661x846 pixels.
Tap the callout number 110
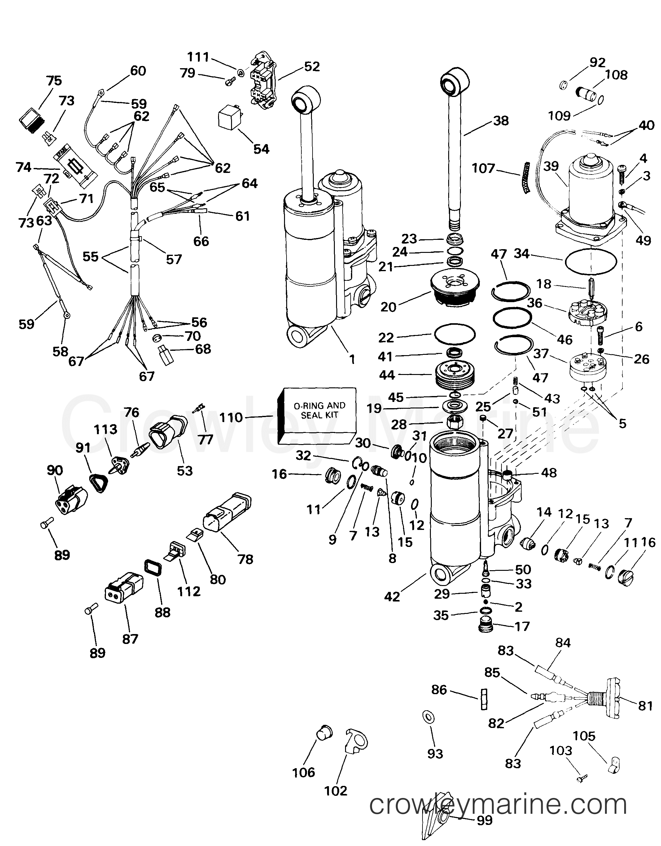(x=231, y=418)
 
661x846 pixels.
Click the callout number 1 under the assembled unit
(x=352, y=359)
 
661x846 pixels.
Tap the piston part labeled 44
(x=455, y=377)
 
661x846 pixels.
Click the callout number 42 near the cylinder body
(x=392, y=597)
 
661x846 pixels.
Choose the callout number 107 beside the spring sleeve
(x=483, y=169)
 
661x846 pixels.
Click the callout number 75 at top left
(x=54, y=81)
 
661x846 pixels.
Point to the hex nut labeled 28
(x=455, y=421)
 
